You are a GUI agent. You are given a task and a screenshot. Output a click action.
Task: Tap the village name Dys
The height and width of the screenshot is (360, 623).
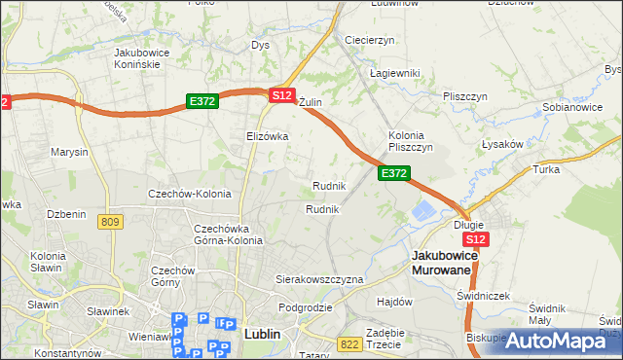pos(260,45)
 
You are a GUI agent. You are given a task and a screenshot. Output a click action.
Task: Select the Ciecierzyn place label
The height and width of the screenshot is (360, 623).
pos(369,40)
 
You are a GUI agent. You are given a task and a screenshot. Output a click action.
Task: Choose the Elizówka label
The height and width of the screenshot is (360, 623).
pos(268,136)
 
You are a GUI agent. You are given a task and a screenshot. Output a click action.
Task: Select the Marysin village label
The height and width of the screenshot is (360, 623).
pos(69,153)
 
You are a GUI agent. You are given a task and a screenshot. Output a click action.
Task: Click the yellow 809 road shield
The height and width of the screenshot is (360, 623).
pos(110,223)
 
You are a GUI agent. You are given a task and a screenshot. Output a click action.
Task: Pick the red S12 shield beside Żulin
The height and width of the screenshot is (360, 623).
pos(281,95)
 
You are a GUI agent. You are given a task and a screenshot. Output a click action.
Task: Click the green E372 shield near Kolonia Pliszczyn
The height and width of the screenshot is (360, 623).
pos(393,173)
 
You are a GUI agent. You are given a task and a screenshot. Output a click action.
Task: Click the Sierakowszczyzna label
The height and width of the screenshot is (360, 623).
pos(319,279)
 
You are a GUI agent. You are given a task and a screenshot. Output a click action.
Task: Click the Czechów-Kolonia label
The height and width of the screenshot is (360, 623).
pos(189,194)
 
